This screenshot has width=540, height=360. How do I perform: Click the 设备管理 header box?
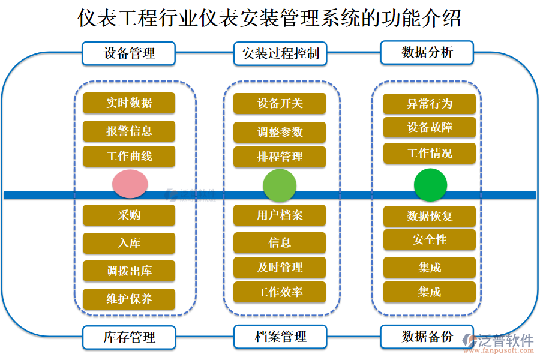coord(129,53)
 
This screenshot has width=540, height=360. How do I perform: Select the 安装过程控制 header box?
coord(280,53)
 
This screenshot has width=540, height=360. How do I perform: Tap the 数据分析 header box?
coord(427,53)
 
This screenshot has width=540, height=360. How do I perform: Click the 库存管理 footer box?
coord(129,337)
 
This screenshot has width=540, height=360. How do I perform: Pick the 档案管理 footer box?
coord(280,337)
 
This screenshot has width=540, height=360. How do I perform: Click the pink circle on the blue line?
coord(130,184)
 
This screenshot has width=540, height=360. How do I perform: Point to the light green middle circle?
coord(280,185)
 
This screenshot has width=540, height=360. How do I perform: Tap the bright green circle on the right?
coord(430,185)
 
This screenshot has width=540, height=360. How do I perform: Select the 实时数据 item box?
coord(129,103)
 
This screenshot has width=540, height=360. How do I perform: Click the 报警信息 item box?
coord(129,131)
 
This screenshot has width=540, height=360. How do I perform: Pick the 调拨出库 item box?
coord(129,271)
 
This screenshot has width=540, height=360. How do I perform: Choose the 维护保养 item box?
coord(129,299)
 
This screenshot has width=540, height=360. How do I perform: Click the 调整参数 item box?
coord(280,132)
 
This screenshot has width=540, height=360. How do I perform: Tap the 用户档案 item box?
coord(280,215)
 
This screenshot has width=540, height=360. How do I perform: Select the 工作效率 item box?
coord(280,292)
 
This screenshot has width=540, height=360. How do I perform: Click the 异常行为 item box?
coord(430,104)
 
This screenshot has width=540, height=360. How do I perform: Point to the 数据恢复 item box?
coord(430,216)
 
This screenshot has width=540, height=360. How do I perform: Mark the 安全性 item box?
coord(430,240)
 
